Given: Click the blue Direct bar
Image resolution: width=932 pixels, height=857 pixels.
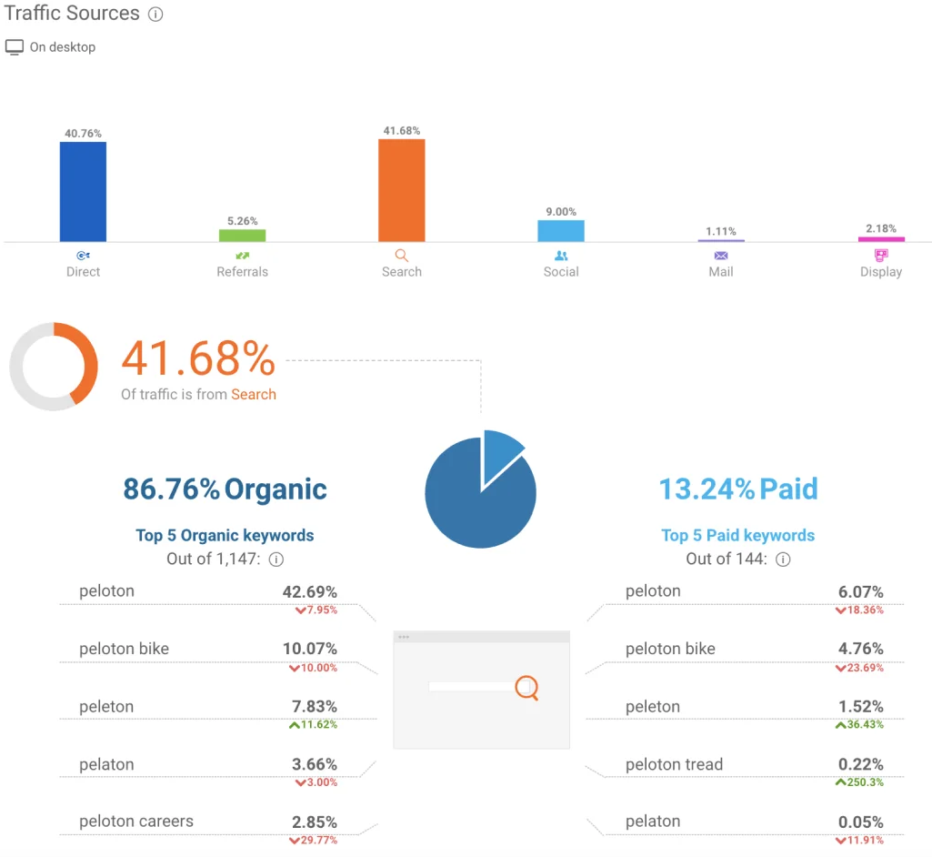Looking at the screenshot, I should pyautogui.click(x=83, y=191).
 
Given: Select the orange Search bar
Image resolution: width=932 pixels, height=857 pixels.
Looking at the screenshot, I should pyautogui.click(x=401, y=190).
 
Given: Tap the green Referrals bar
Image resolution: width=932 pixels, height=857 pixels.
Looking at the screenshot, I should pyautogui.click(x=242, y=235).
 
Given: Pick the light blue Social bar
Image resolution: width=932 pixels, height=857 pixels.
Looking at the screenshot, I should pyautogui.click(x=561, y=230).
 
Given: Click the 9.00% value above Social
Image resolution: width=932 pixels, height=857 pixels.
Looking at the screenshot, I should pyautogui.click(x=561, y=212).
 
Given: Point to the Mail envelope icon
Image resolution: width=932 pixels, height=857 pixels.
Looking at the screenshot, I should pyautogui.click(x=721, y=256).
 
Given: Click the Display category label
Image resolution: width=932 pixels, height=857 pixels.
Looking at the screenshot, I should pyautogui.click(x=880, y=272).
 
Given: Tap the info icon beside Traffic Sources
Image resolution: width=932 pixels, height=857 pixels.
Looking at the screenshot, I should pyautogui.click(x=155, y=15).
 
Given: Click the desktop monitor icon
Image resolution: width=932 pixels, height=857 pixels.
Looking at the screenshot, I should pyautogui.click(x=15, y=47).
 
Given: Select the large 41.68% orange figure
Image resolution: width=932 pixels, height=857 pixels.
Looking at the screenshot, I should pyautogui.click(x=198, y=359).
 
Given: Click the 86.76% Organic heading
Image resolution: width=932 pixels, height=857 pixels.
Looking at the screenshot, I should pyautogui.click(x=225, y=489).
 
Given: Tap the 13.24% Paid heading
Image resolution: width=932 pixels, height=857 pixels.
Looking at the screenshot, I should pyautogui.click(x=737, y=489).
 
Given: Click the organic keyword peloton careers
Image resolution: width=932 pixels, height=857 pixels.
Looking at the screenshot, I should pyautogui.click(x=135, y=822).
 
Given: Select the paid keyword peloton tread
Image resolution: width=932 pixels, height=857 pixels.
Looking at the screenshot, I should pyautogui.click(x=674, y=764).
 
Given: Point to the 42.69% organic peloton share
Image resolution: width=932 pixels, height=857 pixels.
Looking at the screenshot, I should pyautogui.click(x=309, y=591).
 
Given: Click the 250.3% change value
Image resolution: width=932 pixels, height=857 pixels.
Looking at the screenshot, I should pyautogui.click(x=862, y=782).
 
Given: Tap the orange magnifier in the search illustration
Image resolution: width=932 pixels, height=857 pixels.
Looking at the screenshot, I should pyautogui.click(x=526, y=687).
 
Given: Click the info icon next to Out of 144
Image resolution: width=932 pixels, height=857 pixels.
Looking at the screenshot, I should pyautogui.click(x=783, y=560).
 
